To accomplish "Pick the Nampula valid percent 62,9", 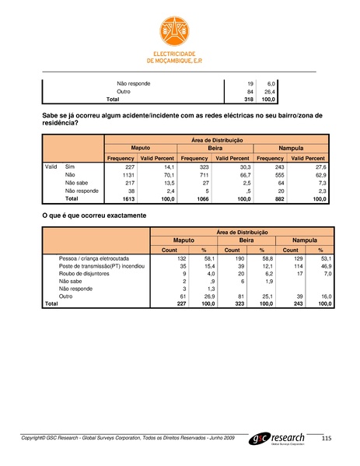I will click(x=319, y=176).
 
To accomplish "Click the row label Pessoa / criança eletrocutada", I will click(x=99, y=258).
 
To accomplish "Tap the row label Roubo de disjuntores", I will click(x=87, y=273).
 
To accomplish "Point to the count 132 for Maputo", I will click(x=183, y=258).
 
